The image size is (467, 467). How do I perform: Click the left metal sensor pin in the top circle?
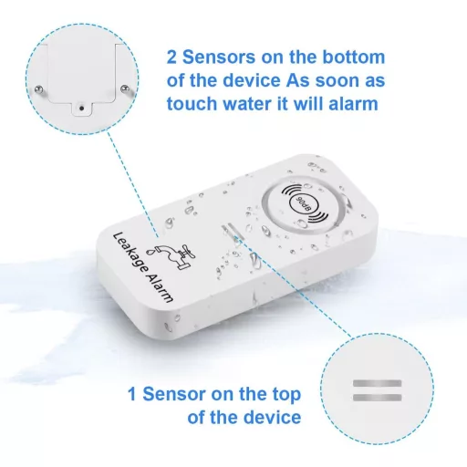click(39, 89)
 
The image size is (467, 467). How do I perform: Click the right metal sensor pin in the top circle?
click(125, 88)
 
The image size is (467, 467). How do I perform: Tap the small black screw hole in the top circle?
click(81, 108)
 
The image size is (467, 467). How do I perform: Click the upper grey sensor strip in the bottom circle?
click(377, 383)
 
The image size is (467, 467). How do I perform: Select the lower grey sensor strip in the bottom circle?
click(377, 398)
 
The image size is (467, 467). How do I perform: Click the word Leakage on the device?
click(130, 252)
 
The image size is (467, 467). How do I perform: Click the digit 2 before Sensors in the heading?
click(171, 57)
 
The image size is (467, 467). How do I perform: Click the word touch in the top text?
click(192, 104)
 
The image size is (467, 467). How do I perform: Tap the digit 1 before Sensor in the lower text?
click(132, 394)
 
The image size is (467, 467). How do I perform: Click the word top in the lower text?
click(285, 395)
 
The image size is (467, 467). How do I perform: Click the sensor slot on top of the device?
click(233, 232)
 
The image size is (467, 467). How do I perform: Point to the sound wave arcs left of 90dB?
click(290, 191)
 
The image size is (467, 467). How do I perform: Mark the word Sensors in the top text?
click(219, 57)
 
